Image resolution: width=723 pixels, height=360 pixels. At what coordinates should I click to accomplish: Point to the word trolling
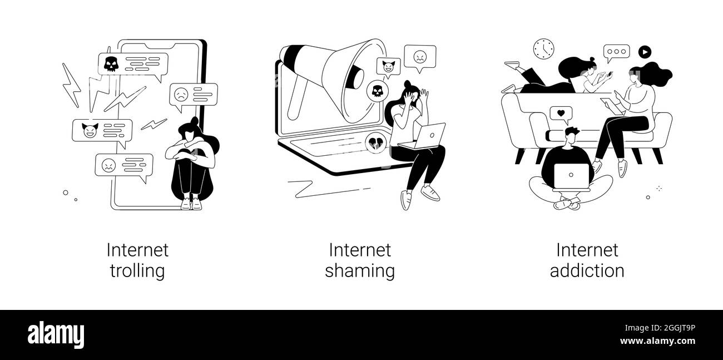click(137, 271)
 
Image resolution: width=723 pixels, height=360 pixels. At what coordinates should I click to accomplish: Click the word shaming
click(359, 271)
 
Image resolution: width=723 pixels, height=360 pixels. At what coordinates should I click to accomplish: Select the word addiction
click(587, 271)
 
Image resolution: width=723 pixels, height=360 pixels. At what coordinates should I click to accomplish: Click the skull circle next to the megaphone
click(377, 90)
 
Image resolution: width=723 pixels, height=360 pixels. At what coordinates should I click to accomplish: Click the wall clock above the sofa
click(543, 49)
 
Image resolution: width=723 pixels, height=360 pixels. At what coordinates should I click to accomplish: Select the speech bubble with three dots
click(617, 53)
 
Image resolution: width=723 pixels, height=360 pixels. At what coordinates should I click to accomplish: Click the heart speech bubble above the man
click(561, 114)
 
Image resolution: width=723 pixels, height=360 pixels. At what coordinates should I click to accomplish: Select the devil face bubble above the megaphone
click(388, 66)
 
